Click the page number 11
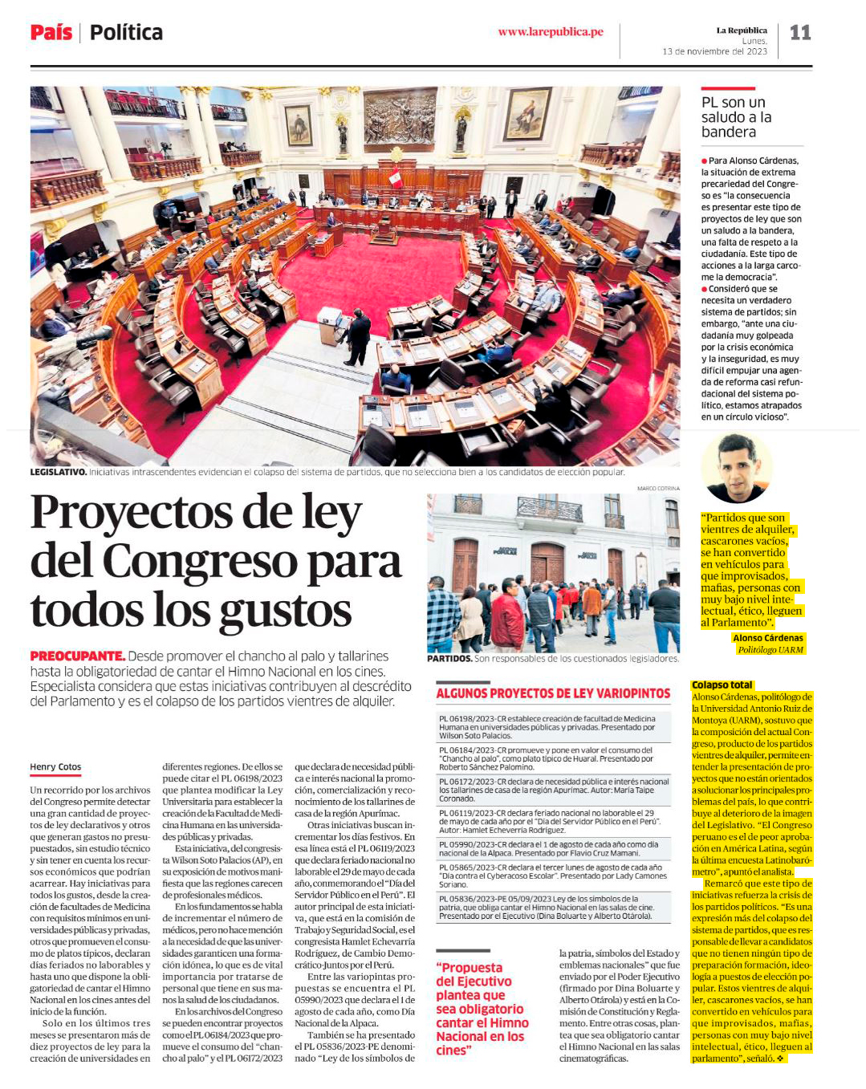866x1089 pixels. (800, 33)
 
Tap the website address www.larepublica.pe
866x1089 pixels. (550, 32)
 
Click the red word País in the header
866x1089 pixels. (51, 33)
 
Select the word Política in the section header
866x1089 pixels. (126, 33)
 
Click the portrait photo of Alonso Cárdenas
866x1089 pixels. (737, 469)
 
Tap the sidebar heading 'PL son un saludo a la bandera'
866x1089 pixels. (736, 117)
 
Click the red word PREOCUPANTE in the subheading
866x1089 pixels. (77, 656)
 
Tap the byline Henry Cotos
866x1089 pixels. (55, 767)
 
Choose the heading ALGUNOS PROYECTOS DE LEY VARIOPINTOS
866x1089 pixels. (552, 693)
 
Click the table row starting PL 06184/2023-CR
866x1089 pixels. (552, 758)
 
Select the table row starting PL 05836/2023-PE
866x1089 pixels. (552, 907)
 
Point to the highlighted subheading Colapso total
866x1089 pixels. (722, 685)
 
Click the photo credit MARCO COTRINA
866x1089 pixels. (657, 488)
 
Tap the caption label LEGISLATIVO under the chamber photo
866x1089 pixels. (58, 472)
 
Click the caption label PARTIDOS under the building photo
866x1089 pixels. (449, 659)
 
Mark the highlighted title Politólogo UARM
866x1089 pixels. (770, 650)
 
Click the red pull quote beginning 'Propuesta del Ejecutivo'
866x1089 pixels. (482, 1009)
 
